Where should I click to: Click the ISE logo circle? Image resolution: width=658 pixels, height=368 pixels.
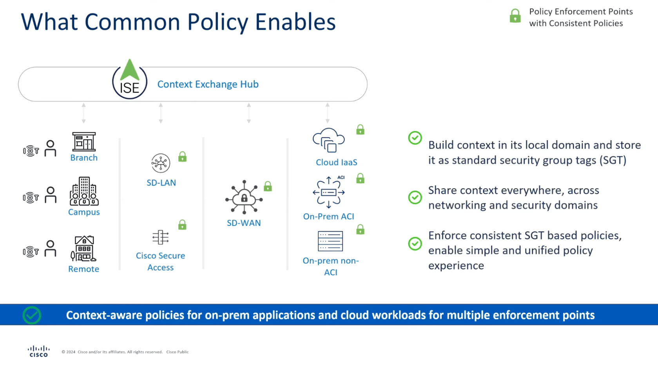[x=129, y=81]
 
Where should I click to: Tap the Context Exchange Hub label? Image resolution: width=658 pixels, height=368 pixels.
[x=208, y=84]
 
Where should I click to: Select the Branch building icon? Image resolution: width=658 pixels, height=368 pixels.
[x=84, y=142]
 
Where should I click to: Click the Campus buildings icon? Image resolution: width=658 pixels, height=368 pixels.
[x=84, y=191]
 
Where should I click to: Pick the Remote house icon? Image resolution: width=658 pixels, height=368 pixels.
[x=83, y=249]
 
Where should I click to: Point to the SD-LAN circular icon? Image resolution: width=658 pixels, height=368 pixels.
[x=161, y=163]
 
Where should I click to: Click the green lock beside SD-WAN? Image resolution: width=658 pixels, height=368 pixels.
[x=268, y=186]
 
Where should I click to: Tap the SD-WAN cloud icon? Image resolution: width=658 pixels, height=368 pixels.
[x=244, y=198]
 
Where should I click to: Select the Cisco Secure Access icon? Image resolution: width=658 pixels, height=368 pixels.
[x=160, y=237]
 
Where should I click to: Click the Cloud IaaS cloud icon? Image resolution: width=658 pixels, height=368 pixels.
[x=329, y=140]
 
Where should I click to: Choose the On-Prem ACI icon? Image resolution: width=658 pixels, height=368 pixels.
[x=329, y=192]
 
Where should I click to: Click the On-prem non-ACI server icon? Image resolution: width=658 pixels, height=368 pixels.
[x=330, y=241]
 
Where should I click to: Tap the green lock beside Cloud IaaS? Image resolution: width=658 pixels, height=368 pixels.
[x=360, y=130]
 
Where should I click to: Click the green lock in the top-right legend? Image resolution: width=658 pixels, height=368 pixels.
[x=515, y=16]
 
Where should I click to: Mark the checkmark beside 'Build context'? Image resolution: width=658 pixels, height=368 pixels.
[x=415, y=138]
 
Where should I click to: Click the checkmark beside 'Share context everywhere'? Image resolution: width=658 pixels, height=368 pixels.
[x=415, y=197]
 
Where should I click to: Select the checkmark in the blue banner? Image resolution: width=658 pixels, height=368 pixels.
[x=32, y=315]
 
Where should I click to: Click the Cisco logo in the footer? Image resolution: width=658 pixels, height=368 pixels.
[x=38, y=351]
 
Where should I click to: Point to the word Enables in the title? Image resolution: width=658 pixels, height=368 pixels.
[x=295, y=22]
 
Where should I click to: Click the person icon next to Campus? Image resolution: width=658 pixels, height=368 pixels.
[x=51, y=195]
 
